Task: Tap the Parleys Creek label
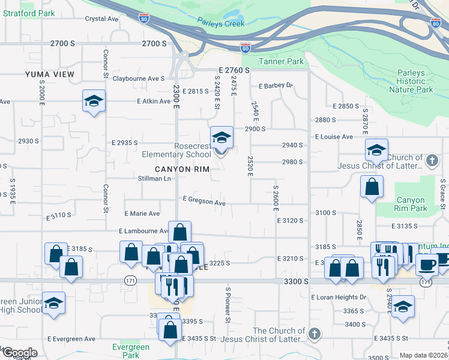[221, 23]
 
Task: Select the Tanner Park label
[282, 61]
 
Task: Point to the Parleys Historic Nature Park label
[411, 81]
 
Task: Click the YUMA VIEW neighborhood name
[50, 74]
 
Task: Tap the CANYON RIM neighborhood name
[182, 170]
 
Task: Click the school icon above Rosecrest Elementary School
[221, 137]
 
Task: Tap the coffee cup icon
[427, 264]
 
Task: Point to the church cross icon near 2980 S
[431, 161]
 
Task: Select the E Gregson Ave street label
[204, 202]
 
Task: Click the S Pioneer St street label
[228, 305]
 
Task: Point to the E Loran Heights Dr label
[339, 297]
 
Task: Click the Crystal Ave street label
[102, 19]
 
